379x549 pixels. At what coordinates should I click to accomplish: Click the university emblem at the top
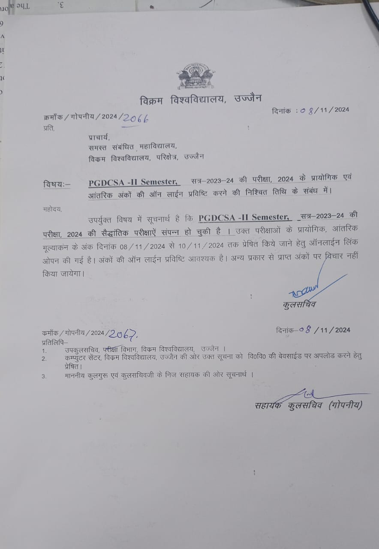(196, 76)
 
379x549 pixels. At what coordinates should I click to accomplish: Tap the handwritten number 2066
(135, 119)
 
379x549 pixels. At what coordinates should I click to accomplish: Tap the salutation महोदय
(52, 209)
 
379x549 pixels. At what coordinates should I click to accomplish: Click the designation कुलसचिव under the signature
(300, 305)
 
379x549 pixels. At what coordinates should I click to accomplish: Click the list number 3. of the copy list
(44, 376)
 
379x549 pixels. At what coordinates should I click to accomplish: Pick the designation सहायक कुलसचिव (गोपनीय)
(308, 405)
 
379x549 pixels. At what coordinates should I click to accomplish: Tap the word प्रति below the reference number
(48, 128)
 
